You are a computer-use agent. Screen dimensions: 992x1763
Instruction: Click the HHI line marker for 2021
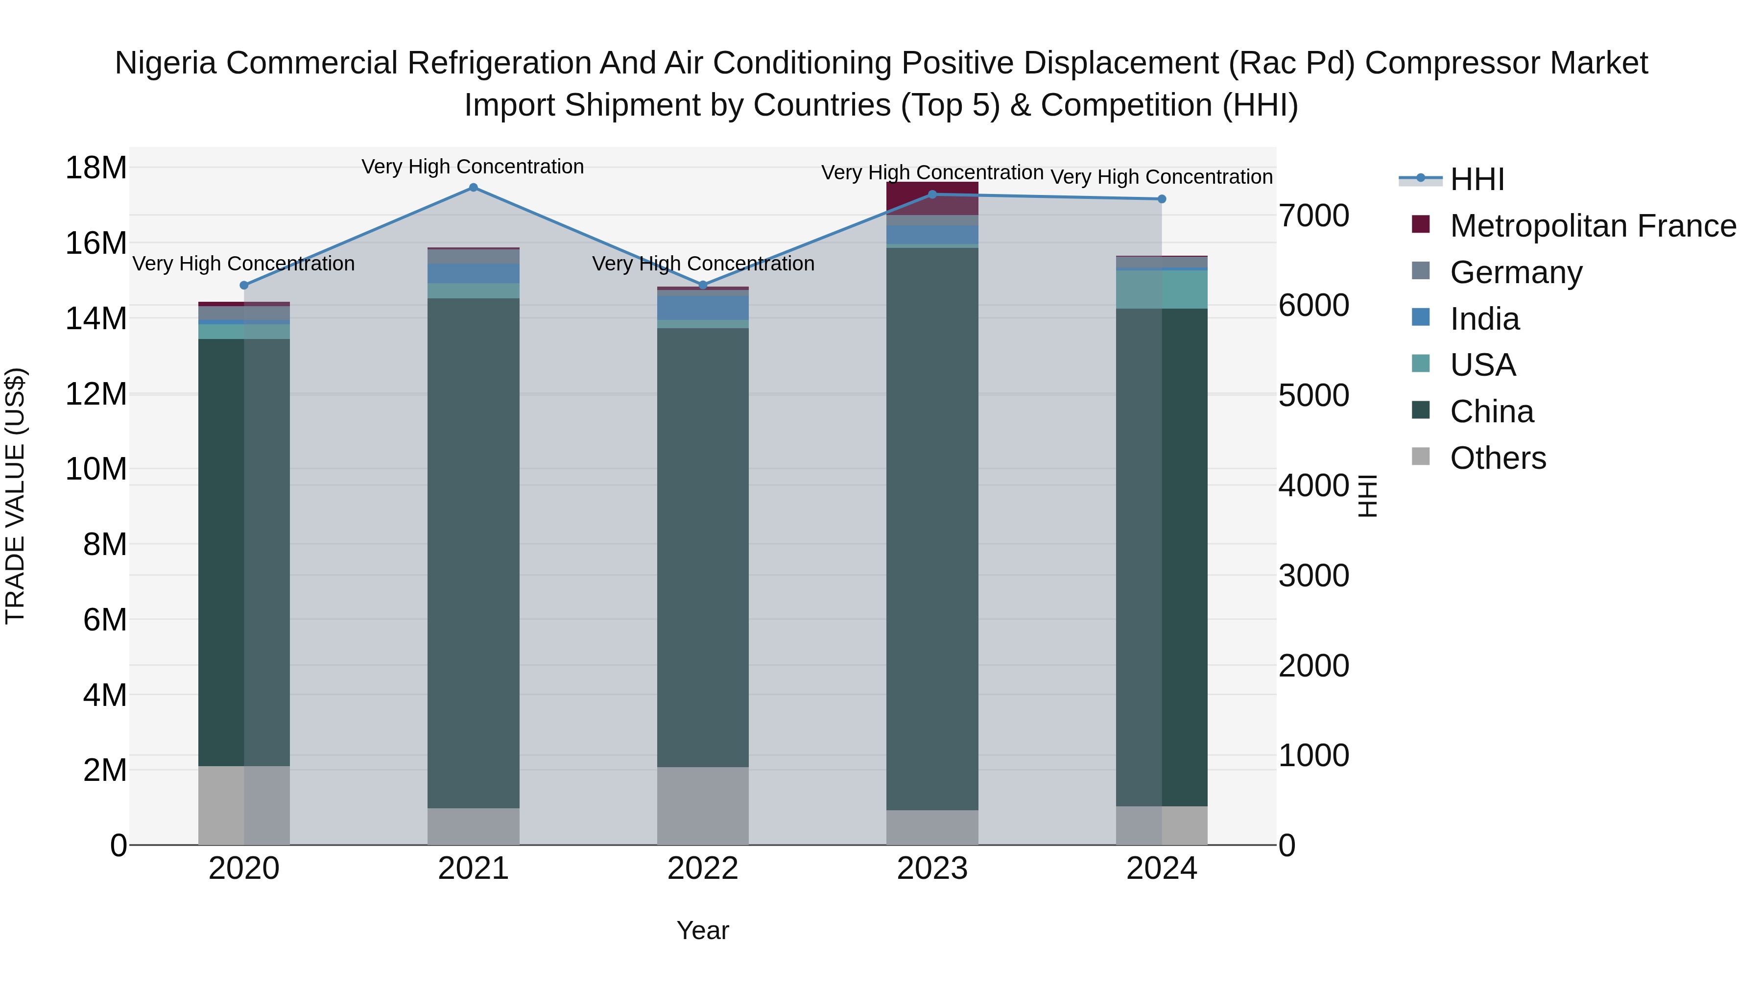click(473, 188)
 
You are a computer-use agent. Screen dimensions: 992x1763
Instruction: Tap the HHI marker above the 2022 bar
click(703, 285)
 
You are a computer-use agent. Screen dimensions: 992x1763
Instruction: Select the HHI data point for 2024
click(1162, 199)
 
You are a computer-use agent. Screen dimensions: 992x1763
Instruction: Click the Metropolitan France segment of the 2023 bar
click(932, 198)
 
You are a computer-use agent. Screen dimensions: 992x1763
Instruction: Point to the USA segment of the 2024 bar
click(1162, 290)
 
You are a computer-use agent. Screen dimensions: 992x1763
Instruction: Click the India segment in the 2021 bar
click(473, 274)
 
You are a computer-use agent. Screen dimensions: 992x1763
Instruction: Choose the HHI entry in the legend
click(1477, 179)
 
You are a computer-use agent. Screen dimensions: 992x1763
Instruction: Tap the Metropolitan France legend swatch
click(1421, 224)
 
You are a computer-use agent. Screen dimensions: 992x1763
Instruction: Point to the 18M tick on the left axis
click(96, 168)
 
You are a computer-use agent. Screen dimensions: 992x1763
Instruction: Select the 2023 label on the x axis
click(932, 869)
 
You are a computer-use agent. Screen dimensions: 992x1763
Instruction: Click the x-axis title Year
click(703, 930)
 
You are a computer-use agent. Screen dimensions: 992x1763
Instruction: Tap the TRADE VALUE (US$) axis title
click(15, 496)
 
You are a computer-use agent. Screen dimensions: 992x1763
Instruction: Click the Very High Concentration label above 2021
click(473, 167)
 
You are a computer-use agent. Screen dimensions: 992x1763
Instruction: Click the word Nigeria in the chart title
click(167, 63)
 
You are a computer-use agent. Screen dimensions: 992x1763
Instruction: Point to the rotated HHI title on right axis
click(1367, 496)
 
